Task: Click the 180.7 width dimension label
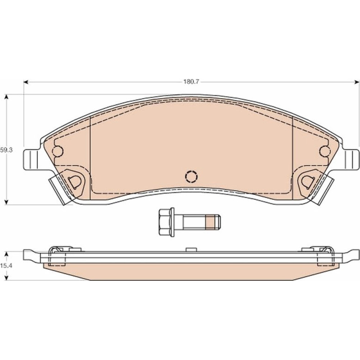(191, 82)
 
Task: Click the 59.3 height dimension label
(6, 150)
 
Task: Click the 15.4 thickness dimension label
(6, 266)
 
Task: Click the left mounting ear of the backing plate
(31, 160)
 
